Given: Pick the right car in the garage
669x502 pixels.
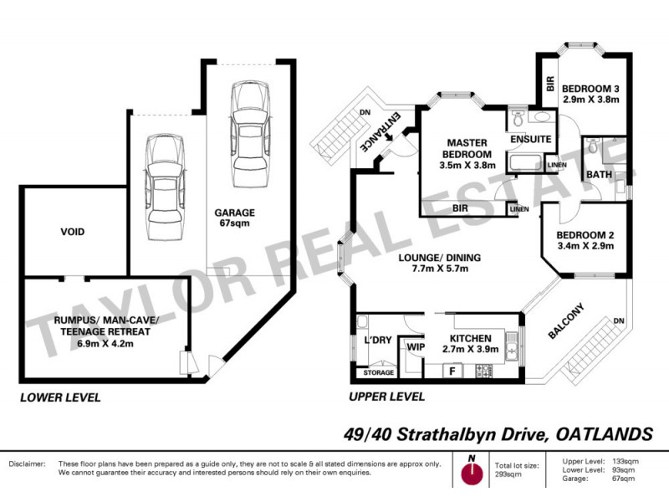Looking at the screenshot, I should click(x=248, y=125).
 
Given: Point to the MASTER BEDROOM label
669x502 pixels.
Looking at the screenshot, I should click(x=467, y=149).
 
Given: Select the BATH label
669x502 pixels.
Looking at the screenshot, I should click(x=599, y=174).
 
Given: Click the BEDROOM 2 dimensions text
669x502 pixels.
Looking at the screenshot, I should click(x=585, y=247).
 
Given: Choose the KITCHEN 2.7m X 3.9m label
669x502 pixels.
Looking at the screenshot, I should click(x=477, y=344).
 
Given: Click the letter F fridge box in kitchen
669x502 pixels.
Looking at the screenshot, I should click(x=452, y=370).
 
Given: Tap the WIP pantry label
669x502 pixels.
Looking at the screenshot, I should click(x=413, y=345).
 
